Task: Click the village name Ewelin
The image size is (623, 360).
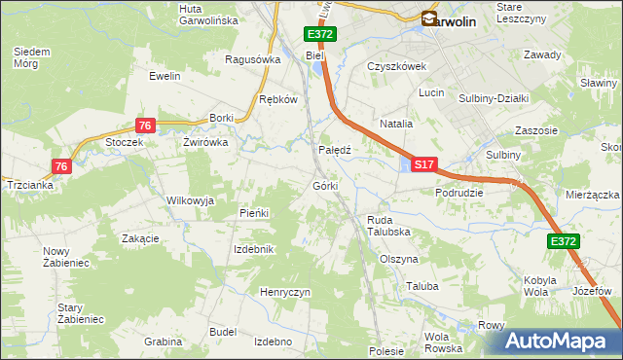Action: pyautogui.click(x=165, y=75)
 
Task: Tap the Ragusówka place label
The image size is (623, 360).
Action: pyautogui.click(x=252, y=58)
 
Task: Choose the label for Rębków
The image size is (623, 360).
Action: pyautogui.click(x=276, y=99)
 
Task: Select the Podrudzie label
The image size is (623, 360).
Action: pyautogui.click(x=459, y=193)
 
